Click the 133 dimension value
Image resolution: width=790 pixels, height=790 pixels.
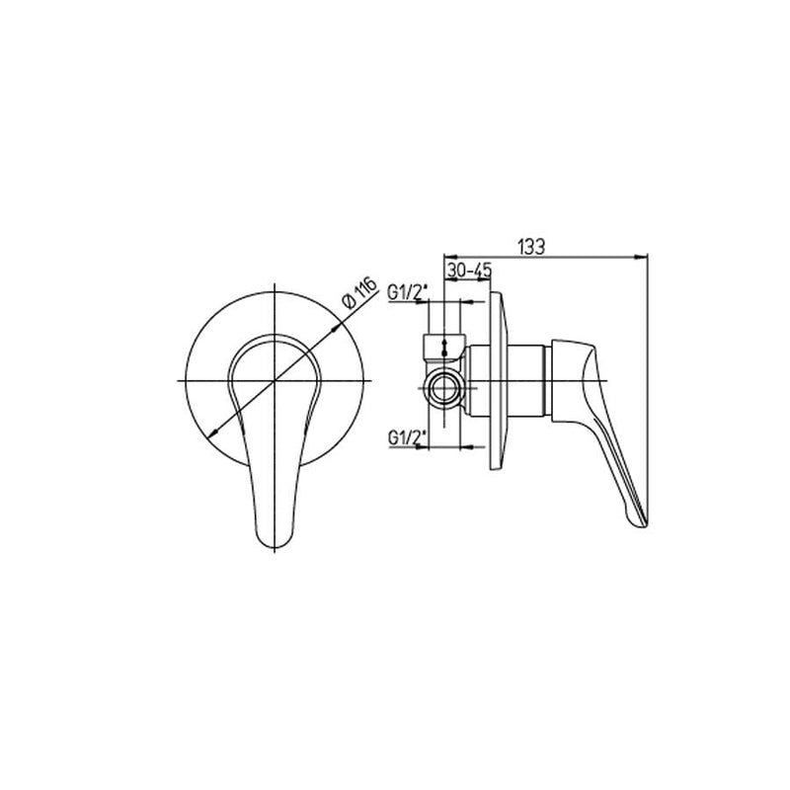click(531, 248)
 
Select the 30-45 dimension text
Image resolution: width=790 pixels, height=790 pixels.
click(468, 271)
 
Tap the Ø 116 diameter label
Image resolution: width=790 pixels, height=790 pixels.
click(359, 292)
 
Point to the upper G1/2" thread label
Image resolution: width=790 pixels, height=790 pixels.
click(408, 291)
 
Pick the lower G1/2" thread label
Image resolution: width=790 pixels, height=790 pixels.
click(408, 437)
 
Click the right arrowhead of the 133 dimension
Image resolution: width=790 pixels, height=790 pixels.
click(641, 257)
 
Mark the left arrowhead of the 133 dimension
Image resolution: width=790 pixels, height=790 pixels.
click(450, 257)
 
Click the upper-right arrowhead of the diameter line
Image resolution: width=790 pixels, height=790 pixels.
click(336, 328)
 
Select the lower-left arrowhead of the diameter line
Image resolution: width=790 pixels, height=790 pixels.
click(213, 432)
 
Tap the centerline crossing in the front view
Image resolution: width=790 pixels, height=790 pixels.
click(275, 380)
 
